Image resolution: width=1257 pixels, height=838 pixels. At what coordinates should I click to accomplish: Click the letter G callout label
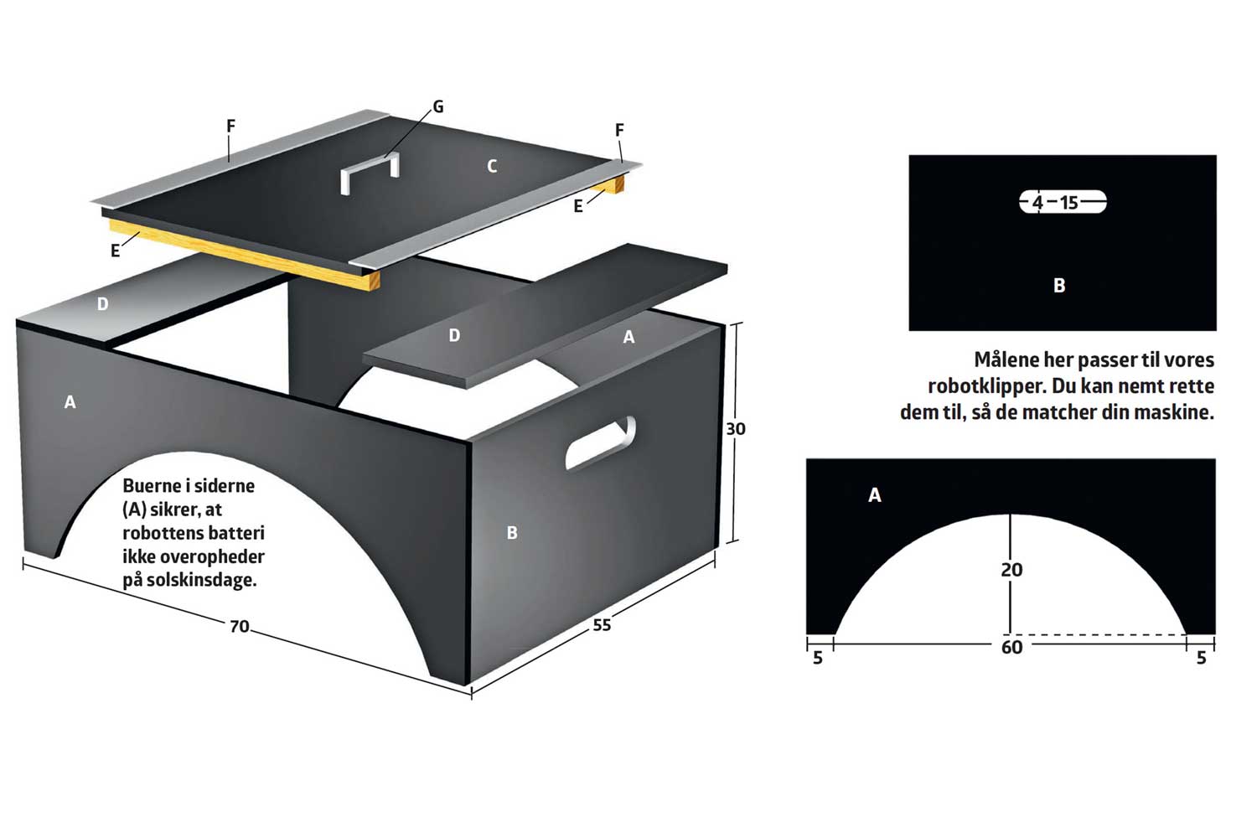(x=438, y=106)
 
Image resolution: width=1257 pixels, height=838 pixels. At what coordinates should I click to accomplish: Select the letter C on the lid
(x=492, y=166)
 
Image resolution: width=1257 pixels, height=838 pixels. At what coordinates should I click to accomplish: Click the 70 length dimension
(x=240, y=626)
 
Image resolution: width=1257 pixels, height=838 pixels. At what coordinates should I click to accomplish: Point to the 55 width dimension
(x=602, y=624)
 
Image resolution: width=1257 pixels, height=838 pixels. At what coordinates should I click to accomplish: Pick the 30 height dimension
(x=736, y=429)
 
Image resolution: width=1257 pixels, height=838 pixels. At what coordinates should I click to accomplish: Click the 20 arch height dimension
(x=1011, y=570)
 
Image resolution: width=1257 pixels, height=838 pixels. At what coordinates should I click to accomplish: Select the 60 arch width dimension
(x=1011, y=647)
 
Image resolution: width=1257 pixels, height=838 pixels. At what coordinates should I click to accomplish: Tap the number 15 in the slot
(x=1069, y=202)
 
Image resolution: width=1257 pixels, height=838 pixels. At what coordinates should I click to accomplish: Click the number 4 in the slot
(x=1037, y=202)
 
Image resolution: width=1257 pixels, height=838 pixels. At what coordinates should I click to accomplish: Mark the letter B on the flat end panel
(x=1059, y=285)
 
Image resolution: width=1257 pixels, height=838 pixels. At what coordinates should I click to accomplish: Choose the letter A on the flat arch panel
(x=874, y=495)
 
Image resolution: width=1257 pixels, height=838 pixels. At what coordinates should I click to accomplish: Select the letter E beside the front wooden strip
(x=115, y=251)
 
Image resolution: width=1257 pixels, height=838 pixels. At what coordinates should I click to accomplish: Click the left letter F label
(x=230, y=127)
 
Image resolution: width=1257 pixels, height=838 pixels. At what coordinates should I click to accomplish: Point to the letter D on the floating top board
(x=454, y=335)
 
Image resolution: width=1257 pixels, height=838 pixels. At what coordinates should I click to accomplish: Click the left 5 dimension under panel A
(x=818, y=657)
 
